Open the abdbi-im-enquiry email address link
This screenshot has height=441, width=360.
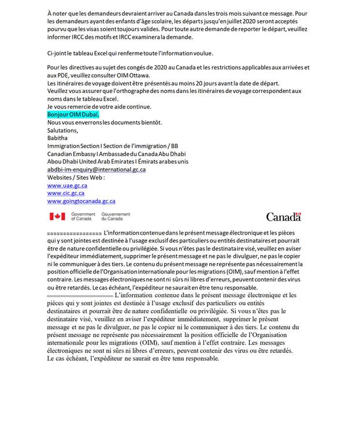coord(96,170)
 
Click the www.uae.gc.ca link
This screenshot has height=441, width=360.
coord(67,186)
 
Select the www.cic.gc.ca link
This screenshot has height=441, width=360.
coord(65,193)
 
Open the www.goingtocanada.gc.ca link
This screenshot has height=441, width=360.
coord(81,201)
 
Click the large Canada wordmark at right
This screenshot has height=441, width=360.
coord(283,217)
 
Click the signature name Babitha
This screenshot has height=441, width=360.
coord(57,138)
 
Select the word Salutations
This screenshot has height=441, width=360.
coord(62,130)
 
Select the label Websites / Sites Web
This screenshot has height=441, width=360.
coord(76,178)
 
